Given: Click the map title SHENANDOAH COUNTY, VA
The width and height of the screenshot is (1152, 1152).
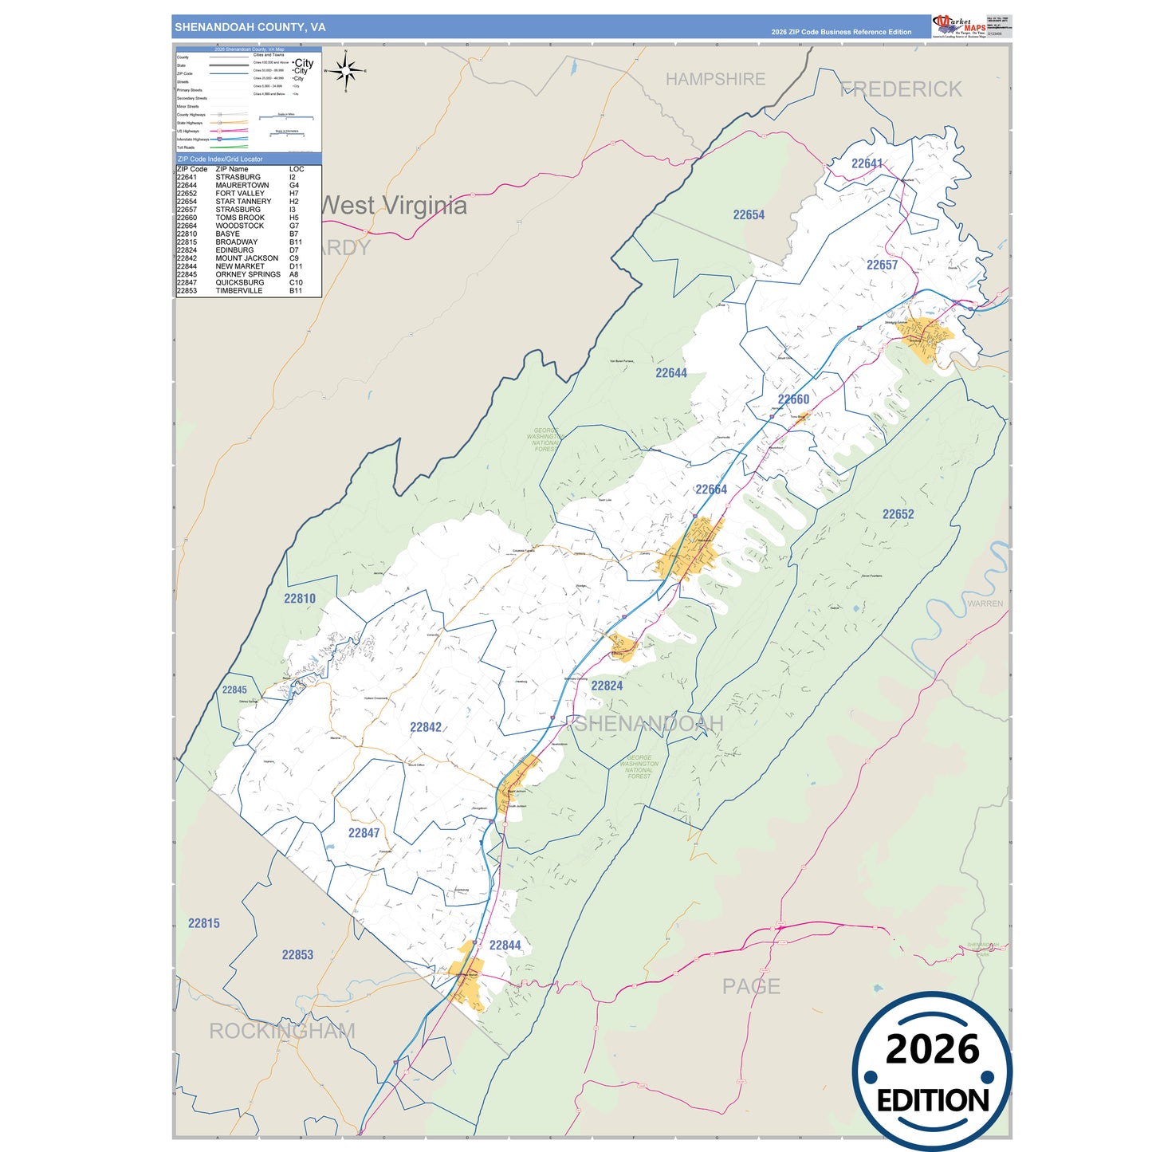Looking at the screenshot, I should point(250,27).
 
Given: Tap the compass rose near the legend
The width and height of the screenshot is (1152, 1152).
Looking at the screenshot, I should point(346,72).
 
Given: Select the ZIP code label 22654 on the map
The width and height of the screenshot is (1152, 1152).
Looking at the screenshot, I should point(749,214).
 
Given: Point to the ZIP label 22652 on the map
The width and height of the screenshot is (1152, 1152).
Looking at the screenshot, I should point(898,514).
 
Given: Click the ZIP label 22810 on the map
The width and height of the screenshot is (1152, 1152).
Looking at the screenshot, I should point(300,599).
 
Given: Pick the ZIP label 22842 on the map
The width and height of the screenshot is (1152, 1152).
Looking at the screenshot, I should point(426,727).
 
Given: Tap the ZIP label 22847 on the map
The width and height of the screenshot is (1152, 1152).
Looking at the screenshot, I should point(364,833).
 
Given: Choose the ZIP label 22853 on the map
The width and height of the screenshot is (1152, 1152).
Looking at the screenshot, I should point(297,954).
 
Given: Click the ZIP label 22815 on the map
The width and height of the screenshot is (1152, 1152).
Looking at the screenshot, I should point(203,923).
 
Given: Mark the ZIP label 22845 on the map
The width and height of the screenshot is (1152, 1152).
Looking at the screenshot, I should point(234,690).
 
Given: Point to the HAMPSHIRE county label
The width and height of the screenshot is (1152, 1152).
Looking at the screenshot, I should point(715,79).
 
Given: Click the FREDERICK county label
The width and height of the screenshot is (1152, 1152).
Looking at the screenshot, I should point(901,89).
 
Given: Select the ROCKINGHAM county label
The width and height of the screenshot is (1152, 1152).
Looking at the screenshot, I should point(281,1031).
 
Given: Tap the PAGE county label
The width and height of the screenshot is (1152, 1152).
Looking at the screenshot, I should point(751,986).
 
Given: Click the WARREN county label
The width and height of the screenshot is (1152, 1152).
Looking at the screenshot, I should point(985,604).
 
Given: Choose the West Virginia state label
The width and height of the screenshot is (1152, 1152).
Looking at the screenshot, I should point(393,206).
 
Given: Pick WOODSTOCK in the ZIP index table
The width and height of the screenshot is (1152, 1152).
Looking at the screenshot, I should point(239,226).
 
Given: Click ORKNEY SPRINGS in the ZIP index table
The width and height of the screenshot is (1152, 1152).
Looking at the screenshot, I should point(247,274).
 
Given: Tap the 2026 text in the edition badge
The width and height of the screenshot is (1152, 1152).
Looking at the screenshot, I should point(932,1049).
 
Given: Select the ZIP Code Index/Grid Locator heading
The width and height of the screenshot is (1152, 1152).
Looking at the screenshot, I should point(220,159).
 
